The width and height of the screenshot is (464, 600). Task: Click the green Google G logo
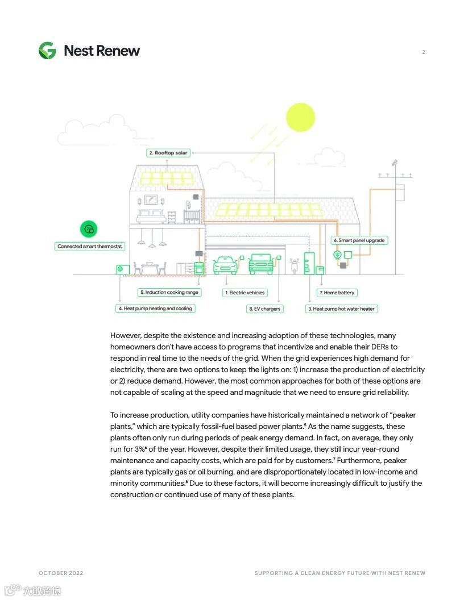point(47,51)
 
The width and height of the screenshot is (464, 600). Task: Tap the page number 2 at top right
point(424,52)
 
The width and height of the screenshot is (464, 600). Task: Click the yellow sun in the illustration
point(300,117)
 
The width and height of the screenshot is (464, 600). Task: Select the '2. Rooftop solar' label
point(168,153)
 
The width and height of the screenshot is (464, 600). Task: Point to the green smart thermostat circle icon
point(89,230)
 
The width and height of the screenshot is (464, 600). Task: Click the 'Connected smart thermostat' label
point(90,247)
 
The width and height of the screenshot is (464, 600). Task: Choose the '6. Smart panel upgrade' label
point(359,240)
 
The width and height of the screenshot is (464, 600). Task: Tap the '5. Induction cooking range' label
point(169,293)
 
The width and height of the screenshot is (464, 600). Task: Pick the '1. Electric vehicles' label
point(245,293)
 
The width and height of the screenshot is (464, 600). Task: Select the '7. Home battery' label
point(337,293)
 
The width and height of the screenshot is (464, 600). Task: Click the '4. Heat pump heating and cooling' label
point(155,309)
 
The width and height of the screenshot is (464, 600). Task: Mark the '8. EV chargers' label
point(264,309)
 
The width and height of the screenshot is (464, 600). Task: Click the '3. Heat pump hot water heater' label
point(341,309)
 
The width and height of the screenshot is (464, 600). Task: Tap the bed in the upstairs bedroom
point(151,216)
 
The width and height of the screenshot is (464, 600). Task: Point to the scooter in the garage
point(295,265)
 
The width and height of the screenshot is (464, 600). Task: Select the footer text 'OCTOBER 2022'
point(61,573)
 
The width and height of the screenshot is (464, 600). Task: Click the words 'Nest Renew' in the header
point(102,51)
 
